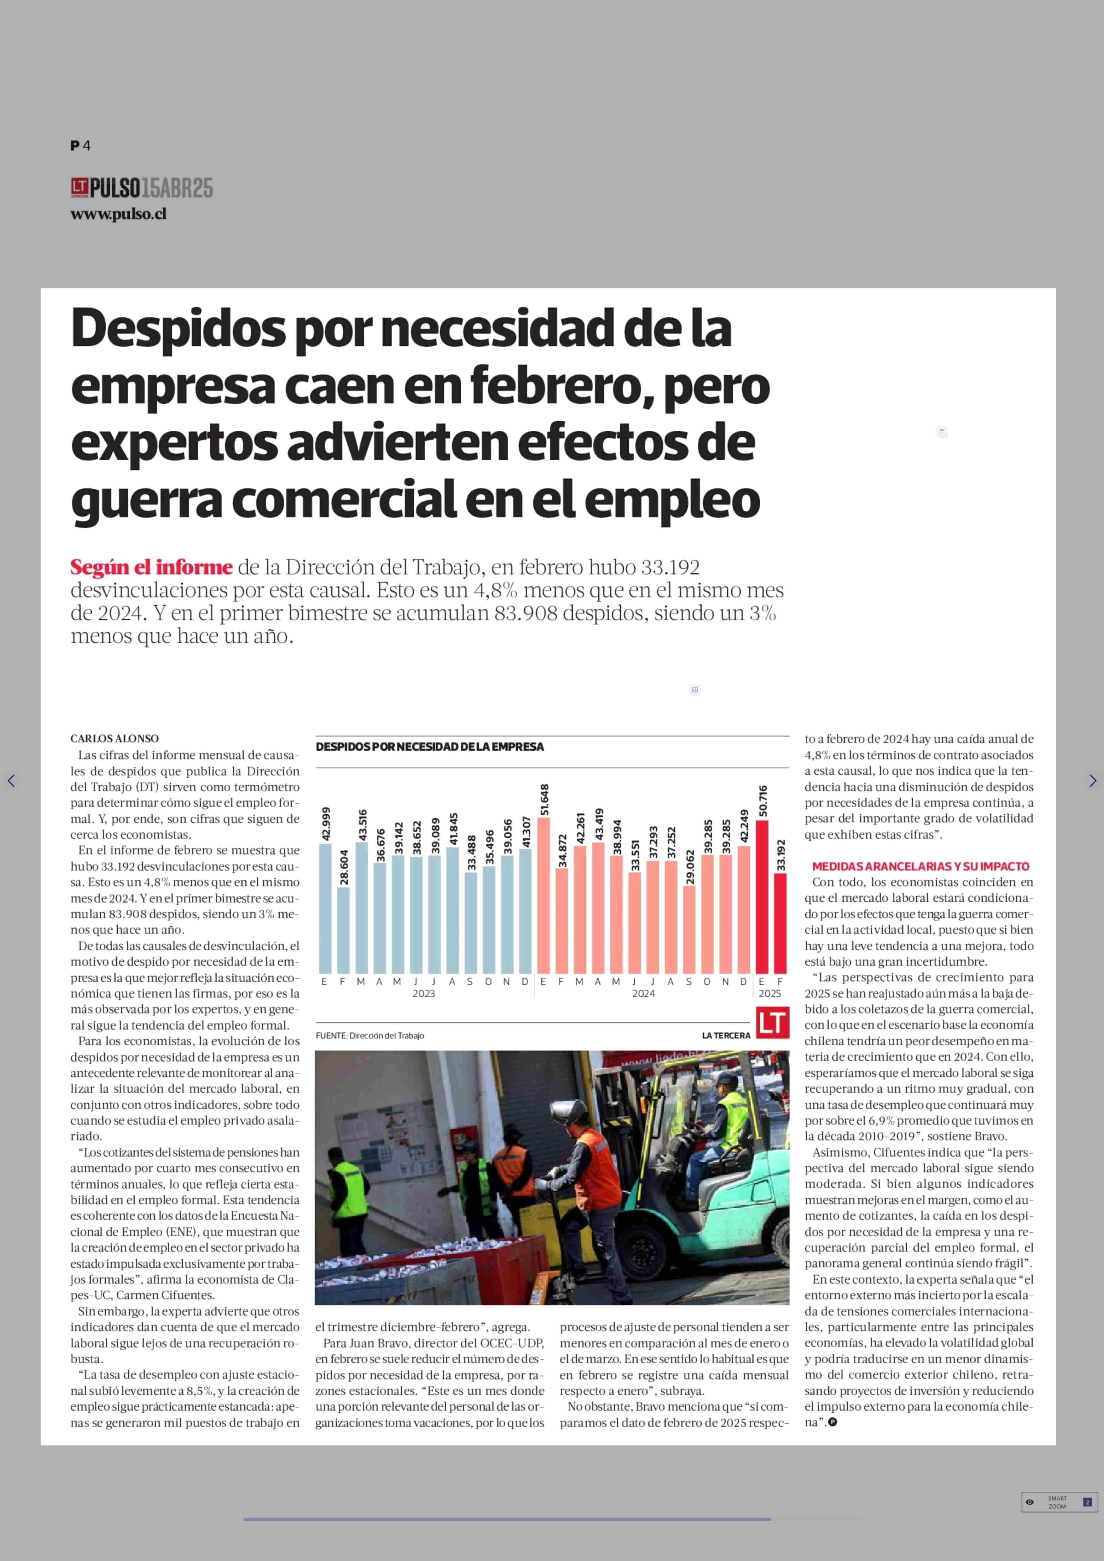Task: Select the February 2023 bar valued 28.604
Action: point(343,930)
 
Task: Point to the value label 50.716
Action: point(763,801)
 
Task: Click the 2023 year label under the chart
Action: point(424,994)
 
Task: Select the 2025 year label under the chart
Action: point(769,994)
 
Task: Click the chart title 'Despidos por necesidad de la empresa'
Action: point(430,747)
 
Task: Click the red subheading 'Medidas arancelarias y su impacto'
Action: point(921,866)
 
